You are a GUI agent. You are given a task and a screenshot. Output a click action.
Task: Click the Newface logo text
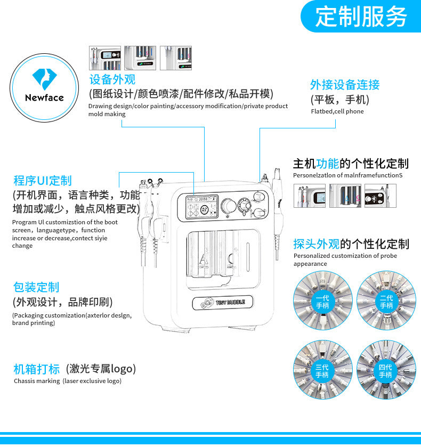coord(44,97)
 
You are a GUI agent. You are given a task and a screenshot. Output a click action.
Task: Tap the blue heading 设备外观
coord(112,80)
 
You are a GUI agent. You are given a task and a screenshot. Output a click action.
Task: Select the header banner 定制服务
coord(361,17)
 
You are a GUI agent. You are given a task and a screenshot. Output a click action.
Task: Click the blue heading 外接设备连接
coord(345,85)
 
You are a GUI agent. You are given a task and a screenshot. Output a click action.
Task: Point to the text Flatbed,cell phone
coord(337,111)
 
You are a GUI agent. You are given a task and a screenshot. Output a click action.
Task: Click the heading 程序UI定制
coord(42,181)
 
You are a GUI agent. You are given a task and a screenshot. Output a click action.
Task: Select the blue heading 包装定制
coord(36,287)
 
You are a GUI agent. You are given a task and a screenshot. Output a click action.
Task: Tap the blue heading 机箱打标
coord(36,369)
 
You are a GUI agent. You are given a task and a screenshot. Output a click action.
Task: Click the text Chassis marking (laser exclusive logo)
coord(68,381)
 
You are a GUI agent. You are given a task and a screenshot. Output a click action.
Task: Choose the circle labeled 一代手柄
coord(322,302)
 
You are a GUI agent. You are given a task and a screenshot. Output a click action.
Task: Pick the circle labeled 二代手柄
coord(386,302)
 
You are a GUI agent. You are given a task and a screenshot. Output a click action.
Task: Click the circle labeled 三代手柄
coord(322,371)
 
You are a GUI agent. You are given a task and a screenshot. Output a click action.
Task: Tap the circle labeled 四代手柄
coord(386,371)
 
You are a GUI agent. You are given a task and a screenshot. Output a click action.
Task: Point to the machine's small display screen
coord(201,208)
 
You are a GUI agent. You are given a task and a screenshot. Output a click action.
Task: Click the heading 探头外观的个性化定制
coord(351,244)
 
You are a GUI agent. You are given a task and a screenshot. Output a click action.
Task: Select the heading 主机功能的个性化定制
coord(351,164)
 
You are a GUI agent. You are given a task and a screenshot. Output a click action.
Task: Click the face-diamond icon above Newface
coord(44,78)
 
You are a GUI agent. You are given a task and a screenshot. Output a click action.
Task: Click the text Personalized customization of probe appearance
coord(345,259)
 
